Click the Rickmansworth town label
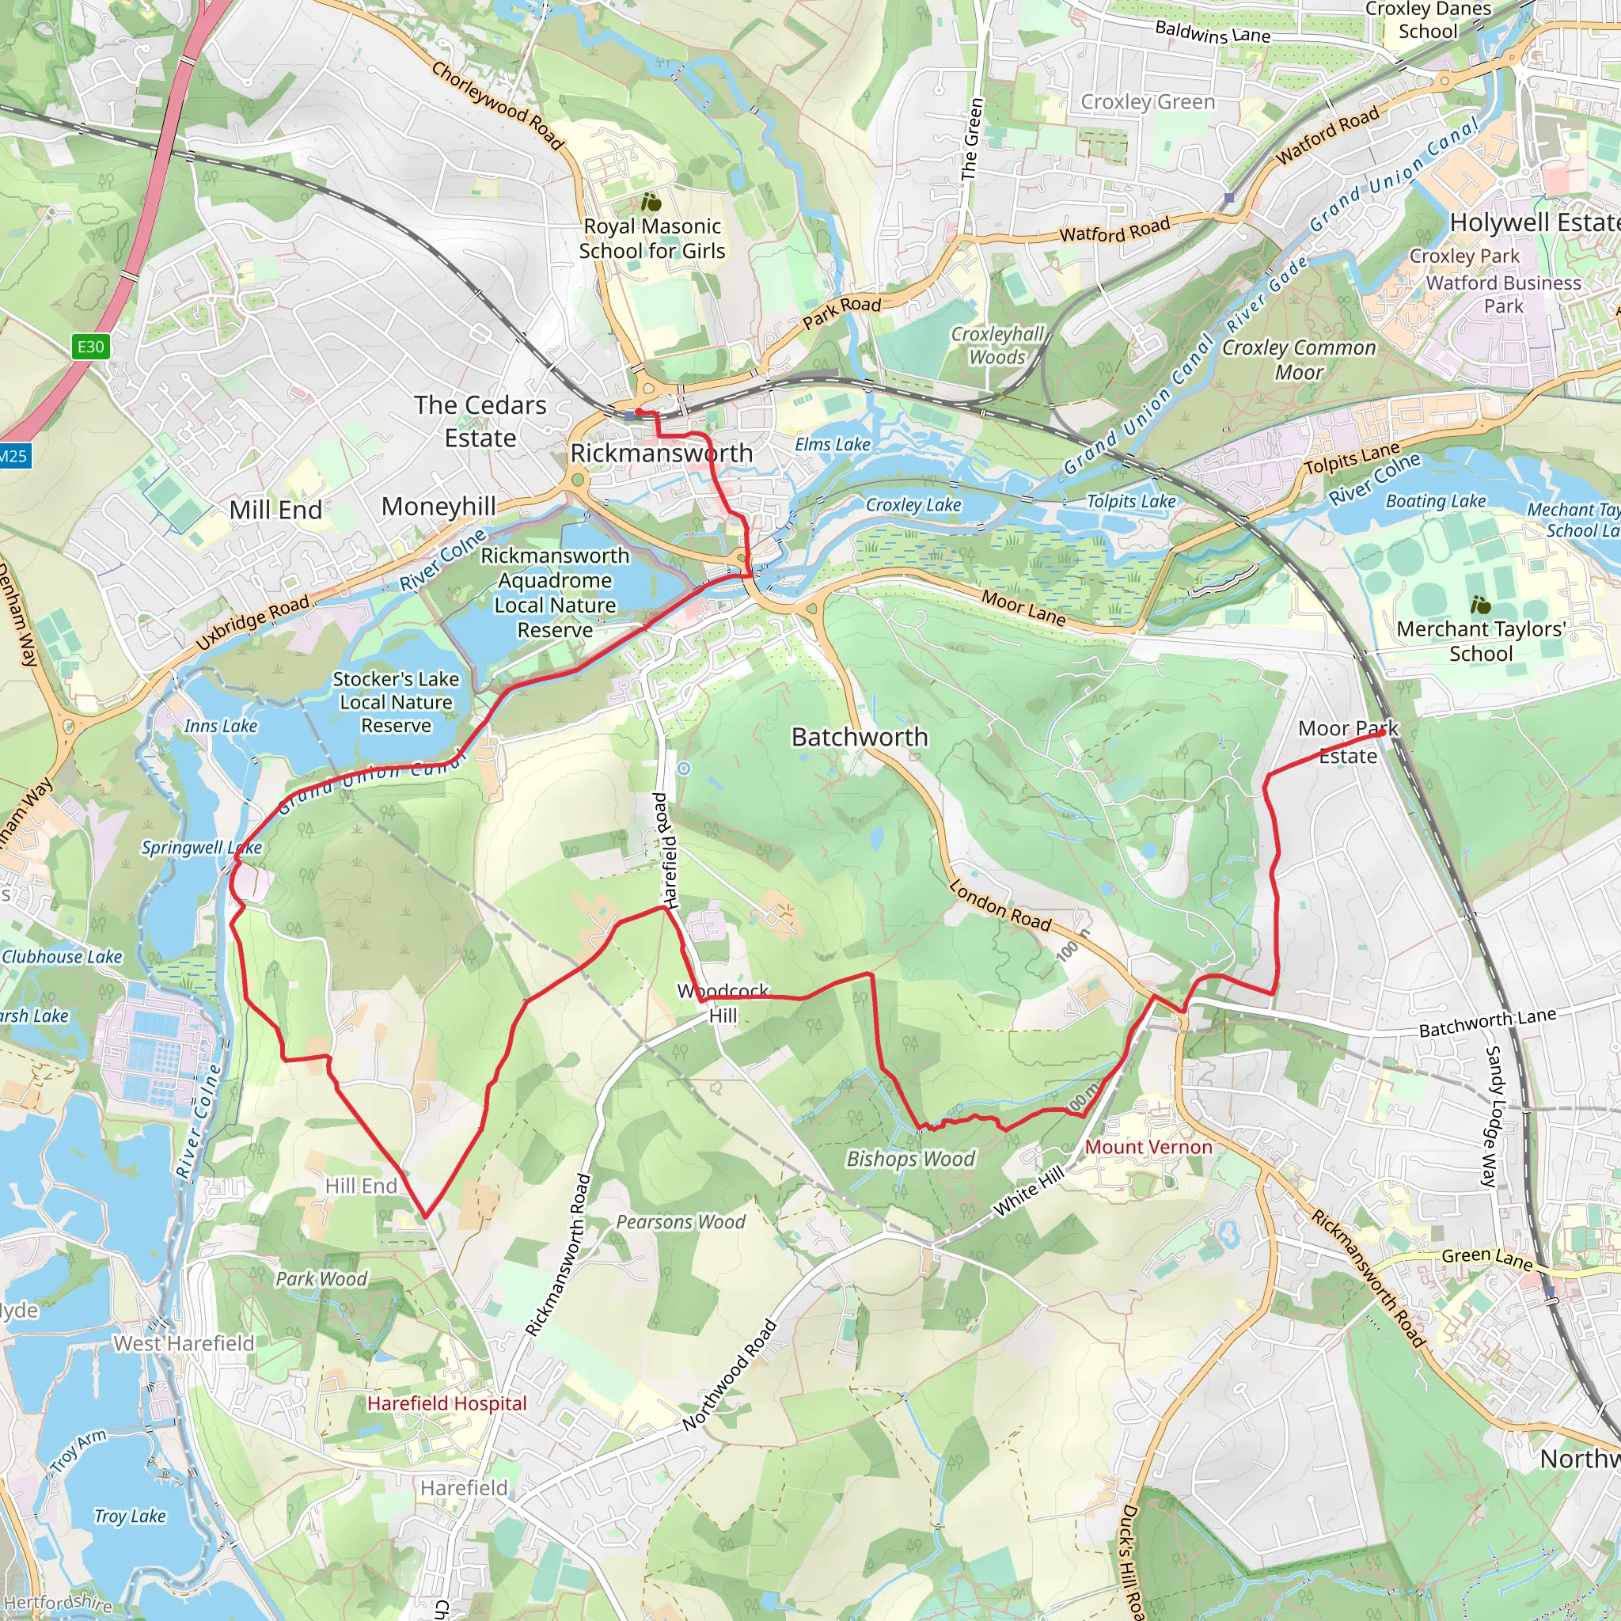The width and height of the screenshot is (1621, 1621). [661, 453]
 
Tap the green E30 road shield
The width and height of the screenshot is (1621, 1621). [90, 347]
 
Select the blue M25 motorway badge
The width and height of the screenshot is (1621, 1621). [13, 457]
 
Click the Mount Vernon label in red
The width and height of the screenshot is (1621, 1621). [1148, 1147]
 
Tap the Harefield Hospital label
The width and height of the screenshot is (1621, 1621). [446, 1403]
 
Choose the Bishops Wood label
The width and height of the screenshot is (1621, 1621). [910, 1159]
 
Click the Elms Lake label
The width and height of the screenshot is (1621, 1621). [833, 445]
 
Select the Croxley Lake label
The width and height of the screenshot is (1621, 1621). [913, 505]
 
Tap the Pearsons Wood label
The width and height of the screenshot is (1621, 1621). [681, 1221]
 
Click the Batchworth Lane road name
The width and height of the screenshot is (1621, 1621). [1486, 1022]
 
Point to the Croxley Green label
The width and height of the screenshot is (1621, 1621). [1147, 102]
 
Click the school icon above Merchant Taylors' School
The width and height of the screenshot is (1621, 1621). [1481, 604]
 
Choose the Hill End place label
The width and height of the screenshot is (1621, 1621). [361, 1186]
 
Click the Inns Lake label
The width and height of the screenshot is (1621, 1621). [221, 726]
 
